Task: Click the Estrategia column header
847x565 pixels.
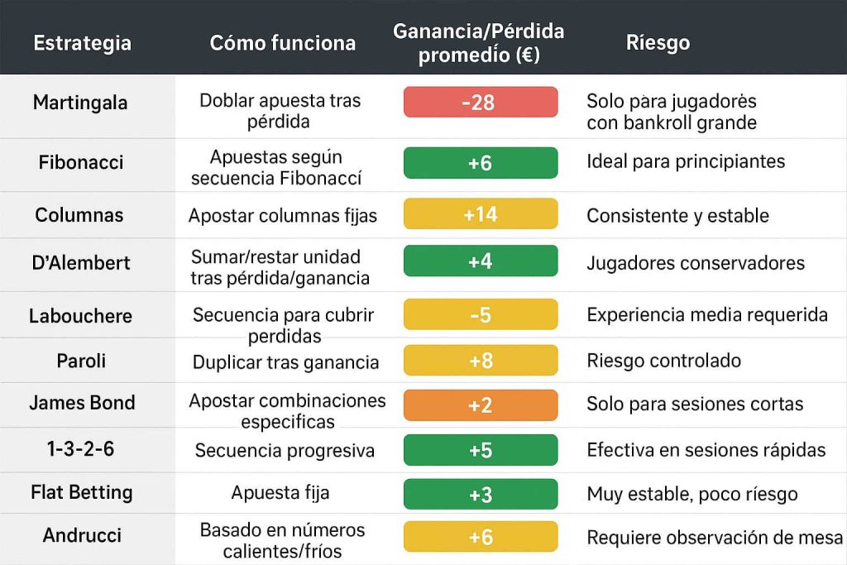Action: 82,43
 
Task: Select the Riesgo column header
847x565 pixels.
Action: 658,42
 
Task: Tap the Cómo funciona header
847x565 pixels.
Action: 283,43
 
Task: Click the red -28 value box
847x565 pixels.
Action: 480,103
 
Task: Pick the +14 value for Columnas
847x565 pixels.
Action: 480,215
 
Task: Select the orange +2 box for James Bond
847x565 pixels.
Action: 480,405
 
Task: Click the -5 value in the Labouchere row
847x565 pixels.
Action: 480,315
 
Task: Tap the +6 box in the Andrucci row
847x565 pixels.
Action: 480,537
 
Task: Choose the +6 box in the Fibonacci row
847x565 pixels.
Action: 480,163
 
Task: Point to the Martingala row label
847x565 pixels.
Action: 80,103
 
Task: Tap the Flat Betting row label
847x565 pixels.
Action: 81,493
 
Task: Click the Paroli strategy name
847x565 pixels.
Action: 80,361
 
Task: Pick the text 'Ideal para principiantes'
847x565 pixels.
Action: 686,162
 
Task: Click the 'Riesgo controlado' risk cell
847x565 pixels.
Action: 663,361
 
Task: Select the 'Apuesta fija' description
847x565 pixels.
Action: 280,493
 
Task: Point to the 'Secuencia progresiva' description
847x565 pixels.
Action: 285,451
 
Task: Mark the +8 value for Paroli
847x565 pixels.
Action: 480,361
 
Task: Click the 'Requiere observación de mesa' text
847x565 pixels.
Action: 715,538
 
